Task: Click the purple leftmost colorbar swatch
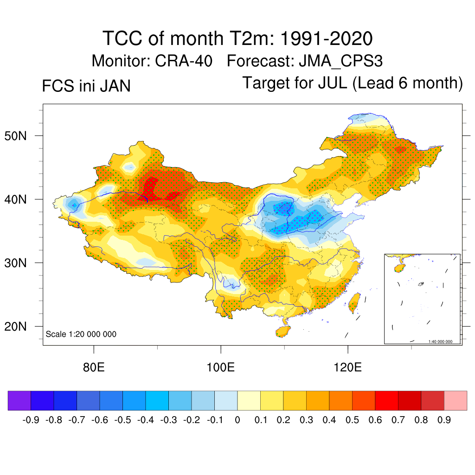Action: coord(19,400)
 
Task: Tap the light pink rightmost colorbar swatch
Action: coord(456,400)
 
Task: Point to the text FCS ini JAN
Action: coord(86,86)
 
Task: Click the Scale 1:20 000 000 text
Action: coord(81,334)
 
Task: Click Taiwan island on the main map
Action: coord(354,302)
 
